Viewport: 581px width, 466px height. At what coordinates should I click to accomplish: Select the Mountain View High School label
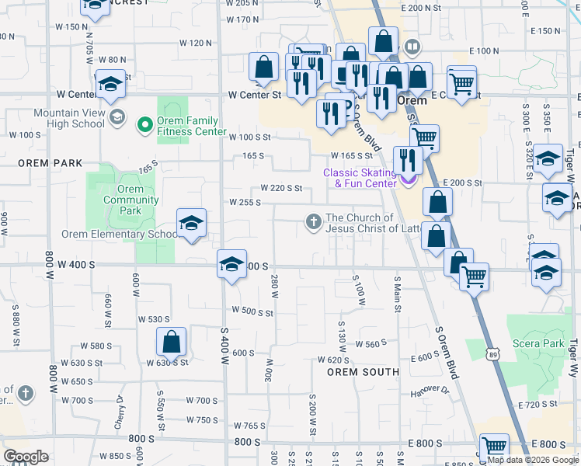click(x=68, y=118)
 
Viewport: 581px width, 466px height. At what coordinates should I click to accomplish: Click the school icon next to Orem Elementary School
click(x=191, y=224)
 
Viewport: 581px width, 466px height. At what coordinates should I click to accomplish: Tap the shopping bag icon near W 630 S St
click(x=171, y=342)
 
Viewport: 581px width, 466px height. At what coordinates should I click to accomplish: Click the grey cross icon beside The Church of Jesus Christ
click(x=314, y=223)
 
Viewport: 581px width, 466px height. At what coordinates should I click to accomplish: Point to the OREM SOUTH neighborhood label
click(x=362, y=372)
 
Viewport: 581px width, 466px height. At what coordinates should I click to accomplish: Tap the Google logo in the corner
click(x=26, y=456)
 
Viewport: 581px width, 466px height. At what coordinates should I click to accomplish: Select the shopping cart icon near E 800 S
click(x=493, y=448)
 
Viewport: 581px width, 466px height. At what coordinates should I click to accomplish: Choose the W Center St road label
click(x=254, y=95)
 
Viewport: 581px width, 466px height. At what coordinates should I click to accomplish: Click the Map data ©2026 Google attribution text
click(x=533, y=460)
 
